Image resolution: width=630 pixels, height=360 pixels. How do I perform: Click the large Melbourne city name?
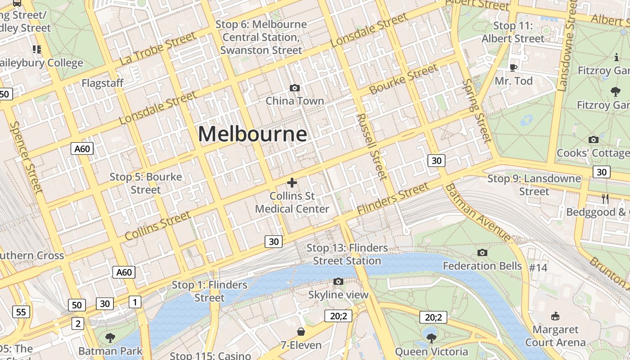[252, 134]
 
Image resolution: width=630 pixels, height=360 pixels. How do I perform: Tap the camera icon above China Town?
[295, 88]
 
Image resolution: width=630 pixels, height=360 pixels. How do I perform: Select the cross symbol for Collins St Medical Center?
[292, 182]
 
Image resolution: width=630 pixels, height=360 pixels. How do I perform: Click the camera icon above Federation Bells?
[482, 252]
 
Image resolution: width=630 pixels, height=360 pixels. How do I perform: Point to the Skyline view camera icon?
[338, 282]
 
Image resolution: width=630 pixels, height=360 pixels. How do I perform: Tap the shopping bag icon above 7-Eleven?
[301, 332]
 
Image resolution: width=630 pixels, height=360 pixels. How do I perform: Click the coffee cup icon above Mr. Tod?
[513, 67]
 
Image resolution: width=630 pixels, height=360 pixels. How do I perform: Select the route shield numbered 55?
[21, 312]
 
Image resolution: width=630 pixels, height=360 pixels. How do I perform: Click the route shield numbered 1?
[135, 302]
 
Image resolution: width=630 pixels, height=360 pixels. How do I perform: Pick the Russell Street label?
[372, 146]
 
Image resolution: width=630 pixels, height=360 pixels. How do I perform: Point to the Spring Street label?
[477, 110]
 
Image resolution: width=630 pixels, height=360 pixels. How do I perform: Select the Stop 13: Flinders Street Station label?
[347, 254]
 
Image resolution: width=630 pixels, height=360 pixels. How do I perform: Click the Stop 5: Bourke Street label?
[146, 183]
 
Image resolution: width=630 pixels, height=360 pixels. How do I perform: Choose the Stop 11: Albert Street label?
[513, 32]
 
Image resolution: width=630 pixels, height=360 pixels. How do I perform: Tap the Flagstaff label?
[103, 83]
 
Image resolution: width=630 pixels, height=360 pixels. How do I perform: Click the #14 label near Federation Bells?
[538, 268]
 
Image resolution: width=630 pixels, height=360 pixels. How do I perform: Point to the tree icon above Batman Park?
[110, 337]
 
